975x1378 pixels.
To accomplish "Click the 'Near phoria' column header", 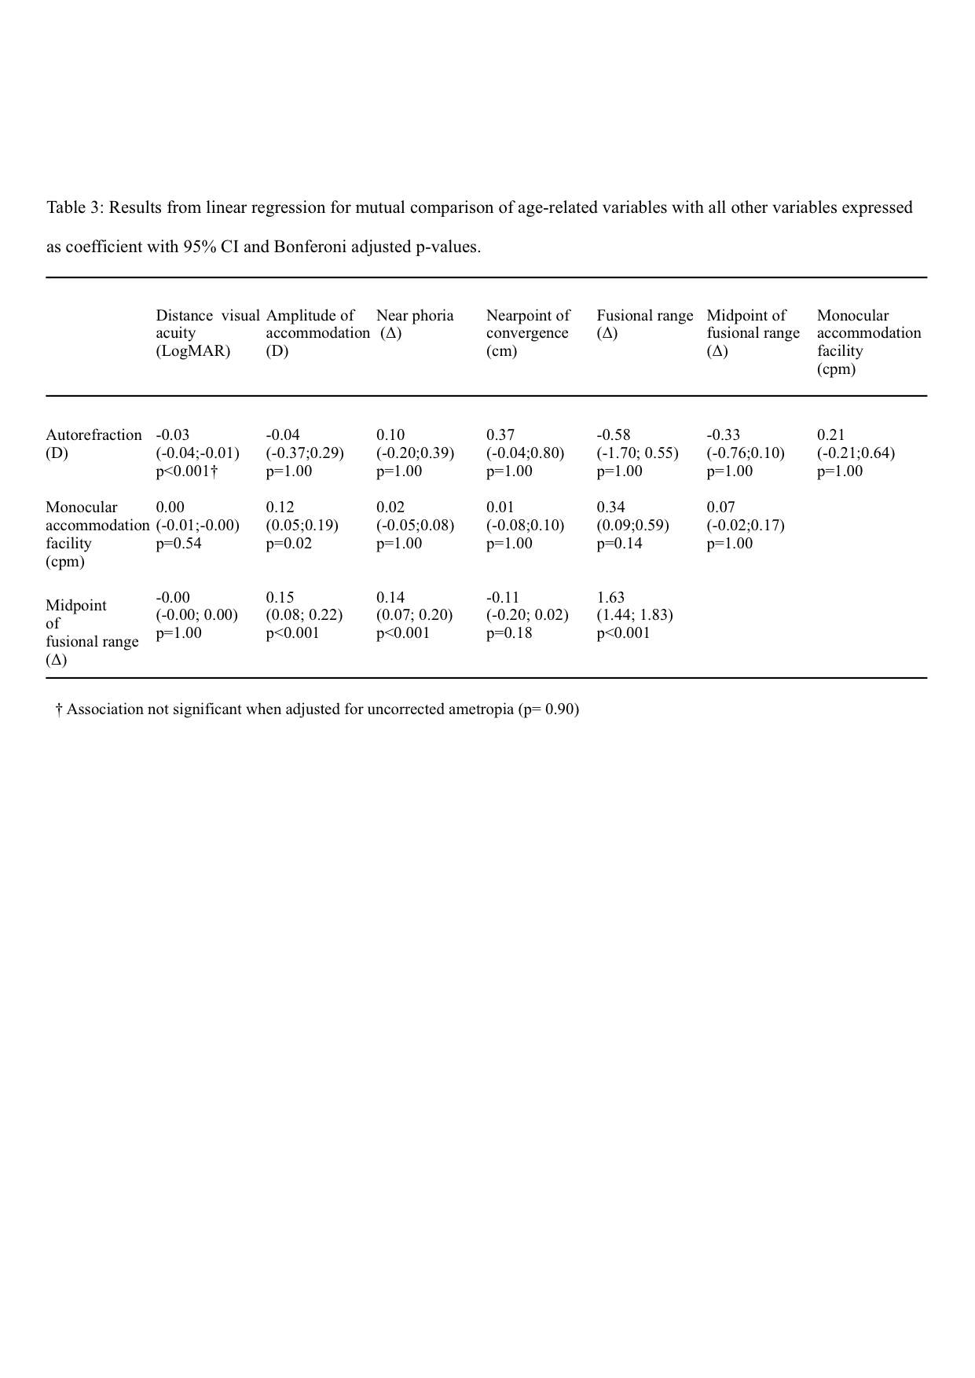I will [415, 316].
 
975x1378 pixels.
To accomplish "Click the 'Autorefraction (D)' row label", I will [93, 444].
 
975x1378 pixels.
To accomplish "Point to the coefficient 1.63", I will [610, 597].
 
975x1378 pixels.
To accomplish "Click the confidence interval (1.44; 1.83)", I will [635, 615].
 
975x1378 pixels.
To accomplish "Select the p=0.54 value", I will [178, 544].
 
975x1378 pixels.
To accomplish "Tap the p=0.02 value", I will [288, 544].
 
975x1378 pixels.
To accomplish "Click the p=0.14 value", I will [619, 544].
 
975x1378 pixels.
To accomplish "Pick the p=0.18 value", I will [509, 633].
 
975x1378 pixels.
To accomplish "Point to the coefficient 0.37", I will [500, 435].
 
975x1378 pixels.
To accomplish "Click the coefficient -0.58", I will [614, 435].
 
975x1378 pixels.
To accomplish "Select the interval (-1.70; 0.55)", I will [637, 453].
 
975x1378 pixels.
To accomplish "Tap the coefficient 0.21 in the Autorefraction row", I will [830, 435].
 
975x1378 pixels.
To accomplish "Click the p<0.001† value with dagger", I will [186, 471].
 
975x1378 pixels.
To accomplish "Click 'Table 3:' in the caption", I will [75, 208].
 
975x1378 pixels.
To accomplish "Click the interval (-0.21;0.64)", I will [856, 453].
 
